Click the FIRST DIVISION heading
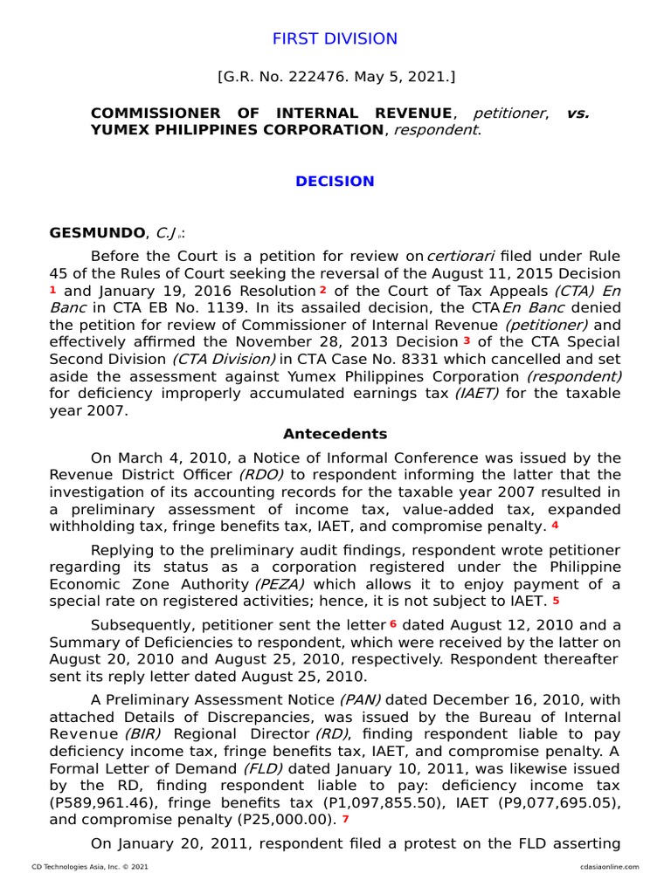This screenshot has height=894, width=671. [335, 38]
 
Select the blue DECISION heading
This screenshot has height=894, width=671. [335, 182]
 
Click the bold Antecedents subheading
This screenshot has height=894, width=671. [335, 434]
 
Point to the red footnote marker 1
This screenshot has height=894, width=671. [53, 290]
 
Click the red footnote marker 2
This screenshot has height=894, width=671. [322, 290]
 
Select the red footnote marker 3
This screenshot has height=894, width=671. [467, 340]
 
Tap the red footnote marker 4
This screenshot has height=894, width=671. [555, 526]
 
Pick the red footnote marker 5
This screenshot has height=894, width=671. [556, 601]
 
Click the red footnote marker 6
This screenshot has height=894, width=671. [393, 624]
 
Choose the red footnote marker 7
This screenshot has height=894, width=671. [345, 819]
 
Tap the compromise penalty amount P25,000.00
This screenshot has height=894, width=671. [294, 820]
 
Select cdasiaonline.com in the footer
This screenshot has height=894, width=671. [608, 866]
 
